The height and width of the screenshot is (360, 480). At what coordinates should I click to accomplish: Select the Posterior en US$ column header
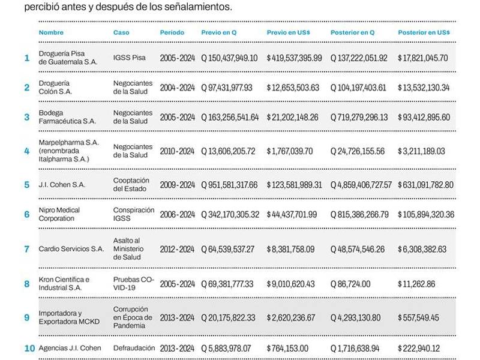[x=424, y=32]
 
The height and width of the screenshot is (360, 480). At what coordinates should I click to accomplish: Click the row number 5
[x=26, y=185]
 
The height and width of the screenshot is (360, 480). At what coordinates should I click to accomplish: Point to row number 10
[x=29, y=348]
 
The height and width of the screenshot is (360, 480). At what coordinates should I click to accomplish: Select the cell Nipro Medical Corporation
[x=59, y=214]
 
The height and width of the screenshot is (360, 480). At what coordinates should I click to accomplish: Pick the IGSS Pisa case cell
[x=129, y=58]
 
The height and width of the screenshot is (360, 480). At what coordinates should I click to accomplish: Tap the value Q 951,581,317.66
[x=229, y=185]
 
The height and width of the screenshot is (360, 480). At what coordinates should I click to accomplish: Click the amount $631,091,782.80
[x=425, y=185]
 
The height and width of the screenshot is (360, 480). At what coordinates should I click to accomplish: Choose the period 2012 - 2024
[x=177, y=249]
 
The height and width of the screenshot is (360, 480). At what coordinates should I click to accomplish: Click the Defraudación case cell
[x=133, y=348]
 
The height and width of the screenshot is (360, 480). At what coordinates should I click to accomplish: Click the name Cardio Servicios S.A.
[x=71, y=249]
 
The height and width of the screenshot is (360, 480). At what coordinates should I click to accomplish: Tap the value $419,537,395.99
[x=294, y=58]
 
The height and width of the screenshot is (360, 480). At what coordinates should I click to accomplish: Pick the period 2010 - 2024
[x=177, y=151]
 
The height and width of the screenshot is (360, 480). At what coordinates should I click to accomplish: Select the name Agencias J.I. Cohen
[x=70, y=348]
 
